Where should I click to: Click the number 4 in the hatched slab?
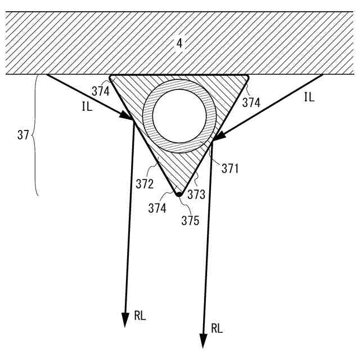click(179, 43)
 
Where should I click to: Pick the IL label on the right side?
click(309, 97)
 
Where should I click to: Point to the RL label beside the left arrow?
click(139, 316)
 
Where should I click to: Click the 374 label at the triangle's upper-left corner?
click(101, 92)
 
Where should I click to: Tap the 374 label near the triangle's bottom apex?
click(158, 208)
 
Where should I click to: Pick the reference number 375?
click(190, 220)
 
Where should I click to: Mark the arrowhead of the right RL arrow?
click(203, 340)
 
